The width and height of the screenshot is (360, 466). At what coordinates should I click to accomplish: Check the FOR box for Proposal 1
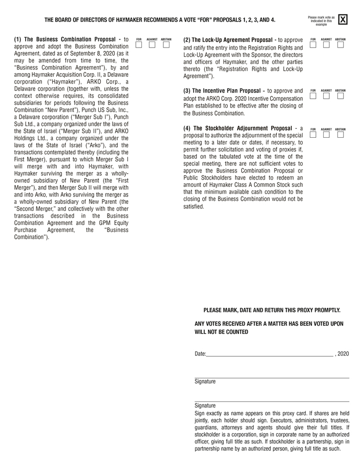coord(139,45)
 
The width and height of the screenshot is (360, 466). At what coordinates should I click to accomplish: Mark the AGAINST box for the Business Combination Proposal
coord(152,45)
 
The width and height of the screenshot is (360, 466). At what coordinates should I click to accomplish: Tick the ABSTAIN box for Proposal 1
coord(166,45)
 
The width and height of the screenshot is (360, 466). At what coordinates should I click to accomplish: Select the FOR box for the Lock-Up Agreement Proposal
coord(313,45)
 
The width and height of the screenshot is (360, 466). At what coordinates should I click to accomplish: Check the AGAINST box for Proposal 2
coord(326,45)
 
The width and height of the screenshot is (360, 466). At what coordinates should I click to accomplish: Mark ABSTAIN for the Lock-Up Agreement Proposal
coord(341,45)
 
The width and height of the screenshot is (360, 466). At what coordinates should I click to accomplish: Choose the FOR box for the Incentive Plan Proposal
coord(313,96)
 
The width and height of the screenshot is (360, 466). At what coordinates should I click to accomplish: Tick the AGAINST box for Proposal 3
coord(326,96)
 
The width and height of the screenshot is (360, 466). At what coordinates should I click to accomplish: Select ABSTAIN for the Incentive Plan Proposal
coord(341,96)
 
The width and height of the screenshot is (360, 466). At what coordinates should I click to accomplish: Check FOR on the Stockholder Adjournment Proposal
coord(313,135)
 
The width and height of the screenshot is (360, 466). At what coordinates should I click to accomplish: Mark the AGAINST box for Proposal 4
coord(326,135)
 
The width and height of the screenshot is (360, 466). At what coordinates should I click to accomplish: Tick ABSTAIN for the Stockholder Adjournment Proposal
coord(341,135)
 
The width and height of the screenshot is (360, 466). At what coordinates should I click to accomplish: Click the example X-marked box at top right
coord(343,20)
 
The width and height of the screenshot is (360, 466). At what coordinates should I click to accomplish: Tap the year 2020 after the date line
coord(343,354)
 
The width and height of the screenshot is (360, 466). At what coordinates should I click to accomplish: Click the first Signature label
coord(205,382)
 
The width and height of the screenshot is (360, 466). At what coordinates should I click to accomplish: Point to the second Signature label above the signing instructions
coord(205,406)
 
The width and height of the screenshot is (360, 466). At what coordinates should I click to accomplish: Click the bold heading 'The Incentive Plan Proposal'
coord(226,91)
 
